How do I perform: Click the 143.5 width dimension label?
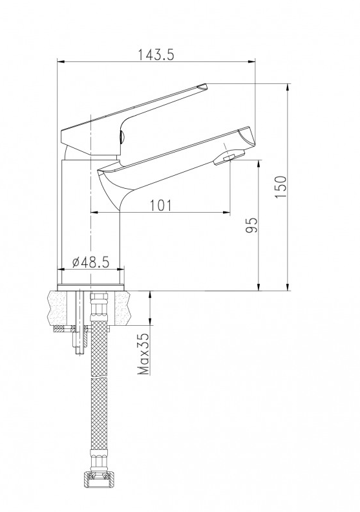coord(156,54)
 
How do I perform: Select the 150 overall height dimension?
coord(281,186)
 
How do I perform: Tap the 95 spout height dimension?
coord(251,226)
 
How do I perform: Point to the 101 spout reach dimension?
coord(160,206)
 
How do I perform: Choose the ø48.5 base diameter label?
coord(90,262)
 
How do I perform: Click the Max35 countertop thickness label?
coord(143,354)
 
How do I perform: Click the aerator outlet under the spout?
coord(229,157)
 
